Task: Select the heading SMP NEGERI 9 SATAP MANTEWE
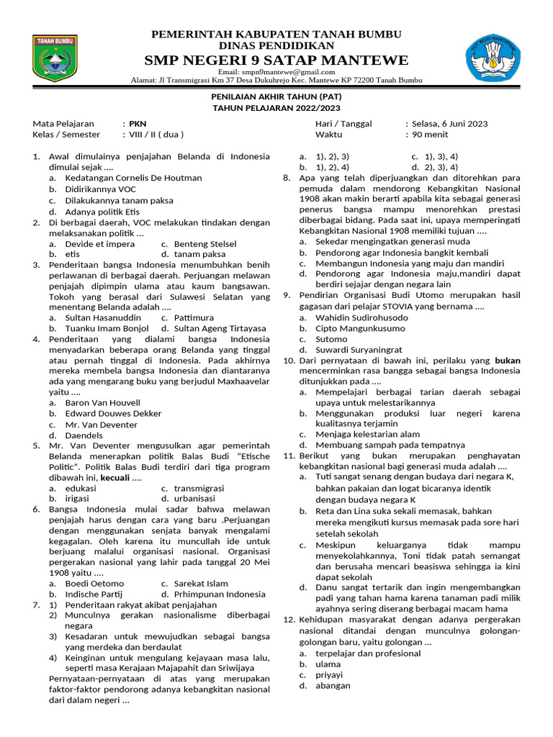click(276, 60)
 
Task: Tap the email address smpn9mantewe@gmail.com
click(276, 72)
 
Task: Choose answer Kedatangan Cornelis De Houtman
click(133, 177)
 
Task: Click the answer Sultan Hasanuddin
click(103, 317)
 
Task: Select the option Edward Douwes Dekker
click(113, 413)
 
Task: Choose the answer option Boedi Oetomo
click(94, 583)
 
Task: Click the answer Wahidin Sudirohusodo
click(361, 317)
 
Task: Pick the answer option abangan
click(333, 685)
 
